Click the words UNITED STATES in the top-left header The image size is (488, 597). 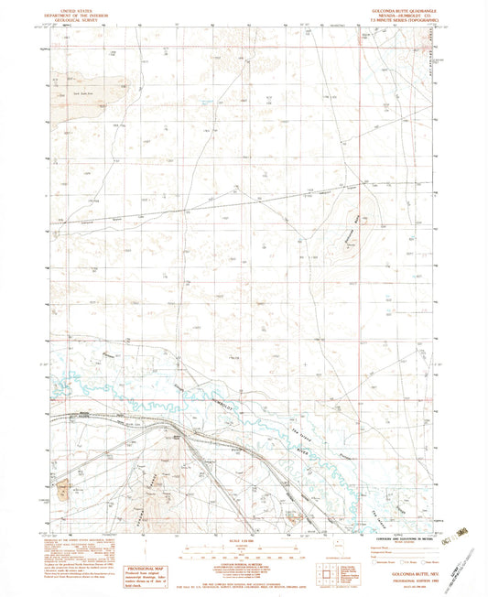(81, 7)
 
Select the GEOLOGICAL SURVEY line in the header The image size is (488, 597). (81, 18)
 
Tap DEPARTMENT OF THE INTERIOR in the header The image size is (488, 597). (81, 13)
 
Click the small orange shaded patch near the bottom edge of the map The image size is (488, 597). (294, 519)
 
